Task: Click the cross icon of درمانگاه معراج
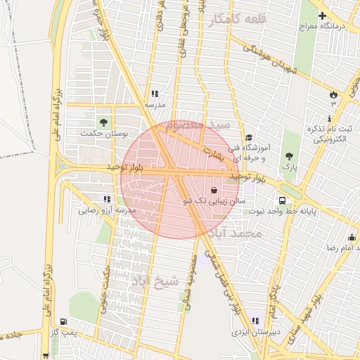pyautogui.click(x=322, y=15)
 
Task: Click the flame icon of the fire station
pyautogui.click(x=333, y=94)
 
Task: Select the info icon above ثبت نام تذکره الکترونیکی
pyautogui.click(x=329, y=118)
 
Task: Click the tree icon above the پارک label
pyautogui.click(x=289, y=156)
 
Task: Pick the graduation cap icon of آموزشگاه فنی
pyautogui.click(x=248, y=138)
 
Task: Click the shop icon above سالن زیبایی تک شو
pyautogui.click(x=214, y=189)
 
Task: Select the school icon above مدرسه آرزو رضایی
pyautogui.click(x=106, y=199)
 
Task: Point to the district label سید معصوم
pyautogui.click(x=205, y=124)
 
